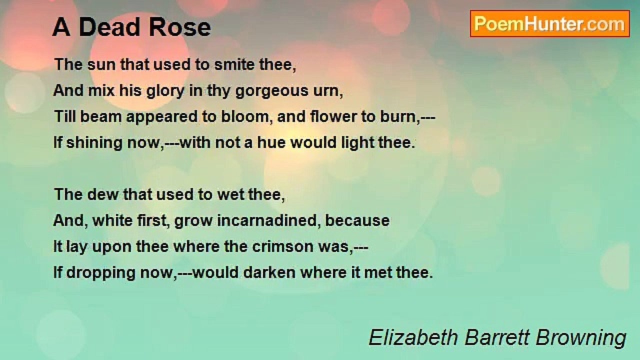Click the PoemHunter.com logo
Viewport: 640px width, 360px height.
click(549, 23)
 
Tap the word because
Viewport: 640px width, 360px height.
click(357, 220)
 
